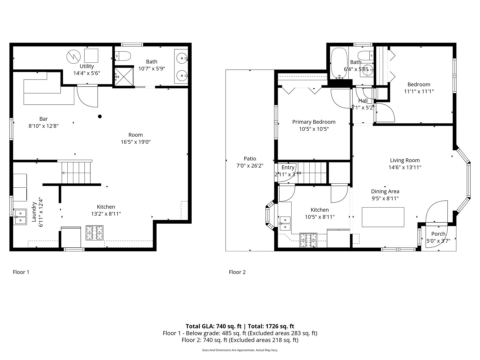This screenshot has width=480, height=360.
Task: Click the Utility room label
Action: [87, 66]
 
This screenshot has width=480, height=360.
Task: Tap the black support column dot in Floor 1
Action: [100, 116]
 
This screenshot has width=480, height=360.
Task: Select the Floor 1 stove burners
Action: [94, 233]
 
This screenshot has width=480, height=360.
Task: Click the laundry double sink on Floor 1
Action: [20, 217]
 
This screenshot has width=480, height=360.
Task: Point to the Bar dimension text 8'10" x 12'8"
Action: [44, 126]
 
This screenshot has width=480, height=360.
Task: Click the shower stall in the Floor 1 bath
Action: [122, 77]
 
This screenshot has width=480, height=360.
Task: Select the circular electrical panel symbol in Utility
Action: [73, 57]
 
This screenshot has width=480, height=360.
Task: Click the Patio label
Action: [250, 159]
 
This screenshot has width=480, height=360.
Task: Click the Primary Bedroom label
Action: [314, 122]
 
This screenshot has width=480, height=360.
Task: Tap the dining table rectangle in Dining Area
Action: [383, 217]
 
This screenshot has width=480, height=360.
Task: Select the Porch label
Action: [438, 234]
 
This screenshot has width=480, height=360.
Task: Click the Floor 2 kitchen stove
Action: [308, 240]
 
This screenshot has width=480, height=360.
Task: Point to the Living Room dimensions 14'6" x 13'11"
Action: [405, 167]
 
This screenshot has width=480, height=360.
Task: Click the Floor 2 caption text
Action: [237, 272]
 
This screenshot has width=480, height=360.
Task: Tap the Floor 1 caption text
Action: [21, 272]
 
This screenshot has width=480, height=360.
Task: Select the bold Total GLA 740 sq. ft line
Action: [240, 326]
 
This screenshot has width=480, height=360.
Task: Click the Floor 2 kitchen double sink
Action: [285, 223]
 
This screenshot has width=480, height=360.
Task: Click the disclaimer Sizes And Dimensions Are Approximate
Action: [240, 350]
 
